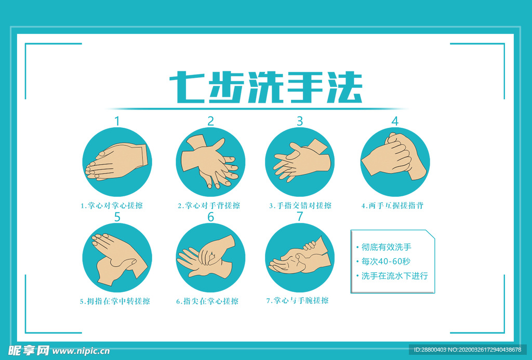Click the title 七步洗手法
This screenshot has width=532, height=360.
click(265, 87)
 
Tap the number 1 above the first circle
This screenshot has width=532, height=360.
click(117, 121)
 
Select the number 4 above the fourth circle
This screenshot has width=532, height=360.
click(395, 121)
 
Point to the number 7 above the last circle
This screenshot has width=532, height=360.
click(300, 217)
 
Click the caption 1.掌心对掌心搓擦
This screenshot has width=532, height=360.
click(112, 206)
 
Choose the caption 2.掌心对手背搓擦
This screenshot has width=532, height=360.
click(209, 206)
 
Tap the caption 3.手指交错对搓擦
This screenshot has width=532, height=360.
click(300, 206)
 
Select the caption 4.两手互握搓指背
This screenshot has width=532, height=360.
click(393, 206)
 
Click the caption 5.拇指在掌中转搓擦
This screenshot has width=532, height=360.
click(115, 301)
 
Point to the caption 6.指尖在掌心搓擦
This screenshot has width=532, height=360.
click(207, 301)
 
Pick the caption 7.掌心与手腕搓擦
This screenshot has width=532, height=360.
click(298, 301)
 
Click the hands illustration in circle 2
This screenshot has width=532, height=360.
click(210, 161)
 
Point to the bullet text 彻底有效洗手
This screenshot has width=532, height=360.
click(387, 247)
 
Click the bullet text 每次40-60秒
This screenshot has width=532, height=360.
click(386, 261)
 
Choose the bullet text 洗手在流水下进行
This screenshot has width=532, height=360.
click(395, 276)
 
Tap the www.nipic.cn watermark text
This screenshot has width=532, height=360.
click(81, 351)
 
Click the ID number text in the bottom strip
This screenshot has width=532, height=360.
click(467, 350)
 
